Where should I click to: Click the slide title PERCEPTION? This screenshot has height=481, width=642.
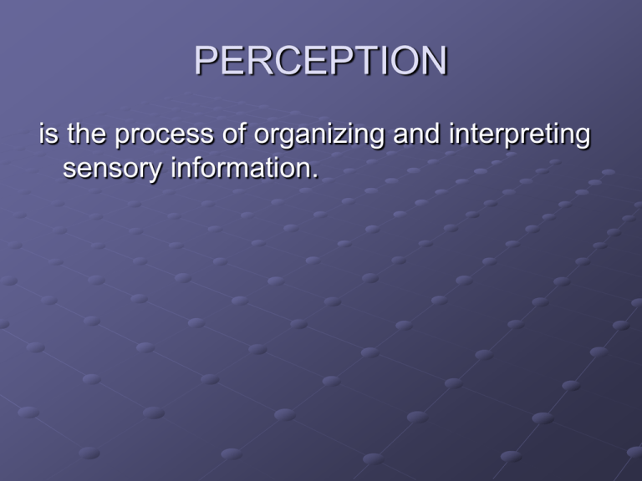pos(321,61)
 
